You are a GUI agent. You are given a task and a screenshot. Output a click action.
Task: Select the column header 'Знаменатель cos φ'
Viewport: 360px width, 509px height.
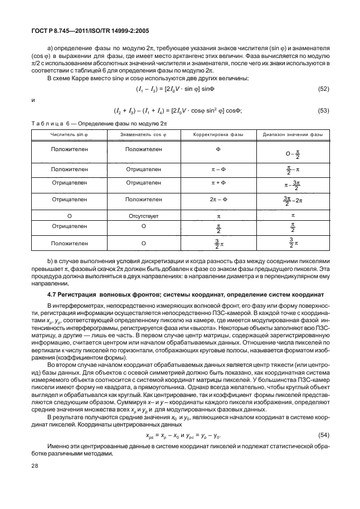144,135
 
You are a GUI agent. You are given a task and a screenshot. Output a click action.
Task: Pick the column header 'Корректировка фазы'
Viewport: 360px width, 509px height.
218,135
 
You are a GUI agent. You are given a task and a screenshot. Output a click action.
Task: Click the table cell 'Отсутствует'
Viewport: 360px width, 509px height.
144,214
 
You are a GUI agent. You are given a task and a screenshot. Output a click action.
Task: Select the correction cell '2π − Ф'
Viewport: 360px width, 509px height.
218,198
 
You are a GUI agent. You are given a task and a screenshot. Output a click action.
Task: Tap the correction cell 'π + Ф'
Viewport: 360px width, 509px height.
218,183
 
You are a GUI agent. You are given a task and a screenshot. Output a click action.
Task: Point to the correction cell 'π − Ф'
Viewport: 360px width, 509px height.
218,168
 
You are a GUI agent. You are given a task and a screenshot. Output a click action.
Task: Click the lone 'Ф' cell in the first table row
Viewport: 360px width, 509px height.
218,149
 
